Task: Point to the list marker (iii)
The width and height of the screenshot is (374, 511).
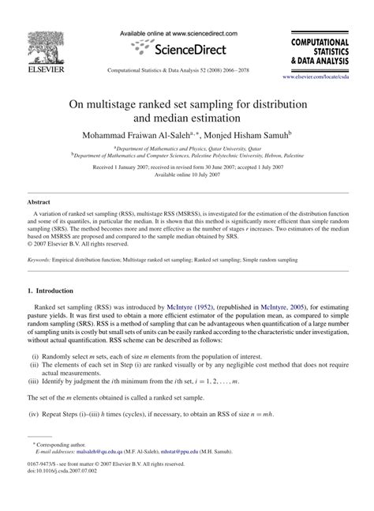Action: click(x=35, y=379)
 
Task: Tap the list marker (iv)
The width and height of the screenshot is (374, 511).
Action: click(x=35, y=413)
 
